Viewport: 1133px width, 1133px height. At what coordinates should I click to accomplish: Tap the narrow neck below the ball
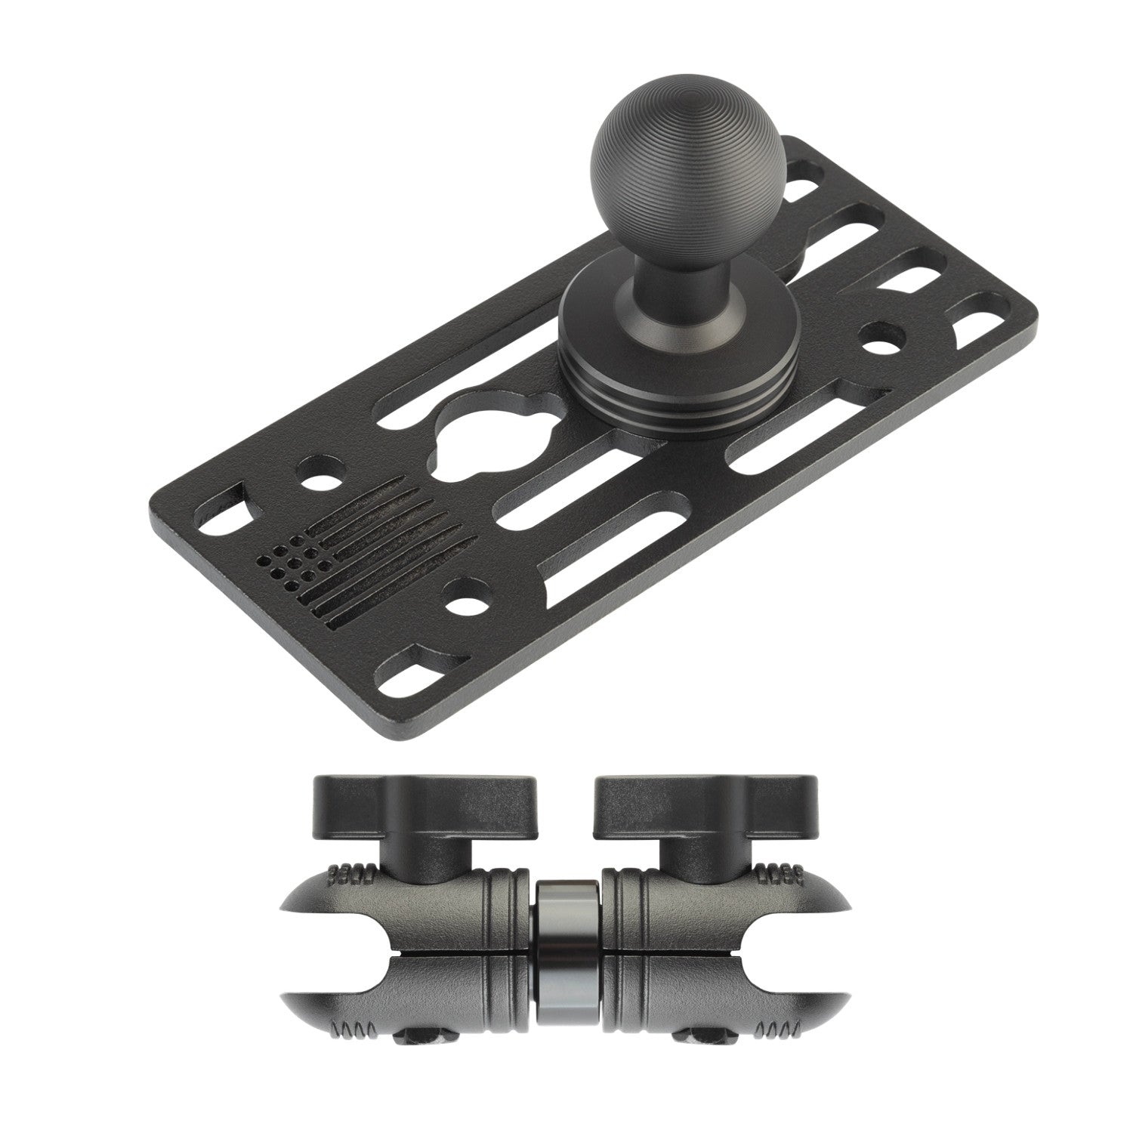pos(659,265)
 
